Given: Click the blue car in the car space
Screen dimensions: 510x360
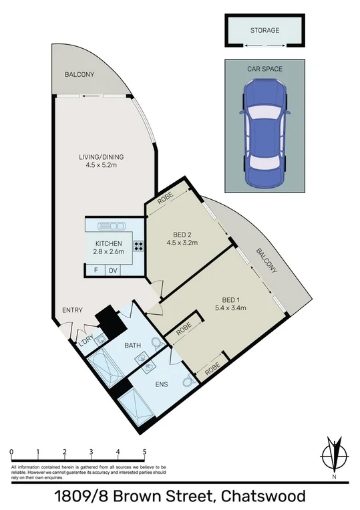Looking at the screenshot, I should pos(265,132).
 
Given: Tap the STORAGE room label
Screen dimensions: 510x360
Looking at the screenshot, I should pos(264,31).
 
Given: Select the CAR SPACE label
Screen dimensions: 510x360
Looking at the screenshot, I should pos(265,69).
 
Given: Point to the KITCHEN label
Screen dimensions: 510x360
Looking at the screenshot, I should pos(108,243).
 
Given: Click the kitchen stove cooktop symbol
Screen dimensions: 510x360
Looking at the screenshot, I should pos(139,245).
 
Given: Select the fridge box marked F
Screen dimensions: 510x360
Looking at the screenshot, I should pos(96,271).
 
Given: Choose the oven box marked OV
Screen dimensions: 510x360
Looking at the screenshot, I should pos(113,271).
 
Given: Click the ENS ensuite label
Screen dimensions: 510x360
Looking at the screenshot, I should pos(160,386).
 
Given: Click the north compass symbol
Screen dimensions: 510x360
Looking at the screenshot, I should pos(333,457).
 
